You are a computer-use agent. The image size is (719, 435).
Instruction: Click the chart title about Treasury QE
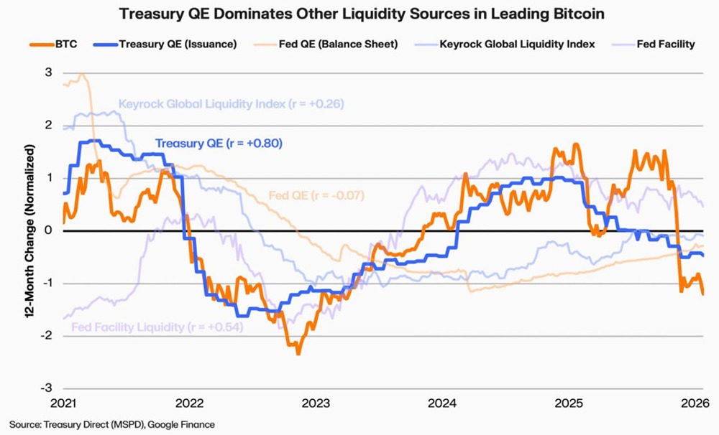click(x=359, y=14)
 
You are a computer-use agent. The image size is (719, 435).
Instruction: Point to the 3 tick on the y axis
click(x=48, y=72)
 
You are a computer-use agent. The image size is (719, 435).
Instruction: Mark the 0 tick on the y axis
click(x=48, y=230)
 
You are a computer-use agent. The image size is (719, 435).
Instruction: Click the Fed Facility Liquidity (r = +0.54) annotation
click(x=156, y=327)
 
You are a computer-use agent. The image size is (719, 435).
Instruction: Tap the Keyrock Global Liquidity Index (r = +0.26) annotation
click(x=231, y=104)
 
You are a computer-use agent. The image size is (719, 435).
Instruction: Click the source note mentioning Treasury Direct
click(x=111, y=424)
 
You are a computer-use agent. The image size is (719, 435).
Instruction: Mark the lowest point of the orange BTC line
click(x=298, y=353)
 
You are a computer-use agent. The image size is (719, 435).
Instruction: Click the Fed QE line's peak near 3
click(x=82, y=74)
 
